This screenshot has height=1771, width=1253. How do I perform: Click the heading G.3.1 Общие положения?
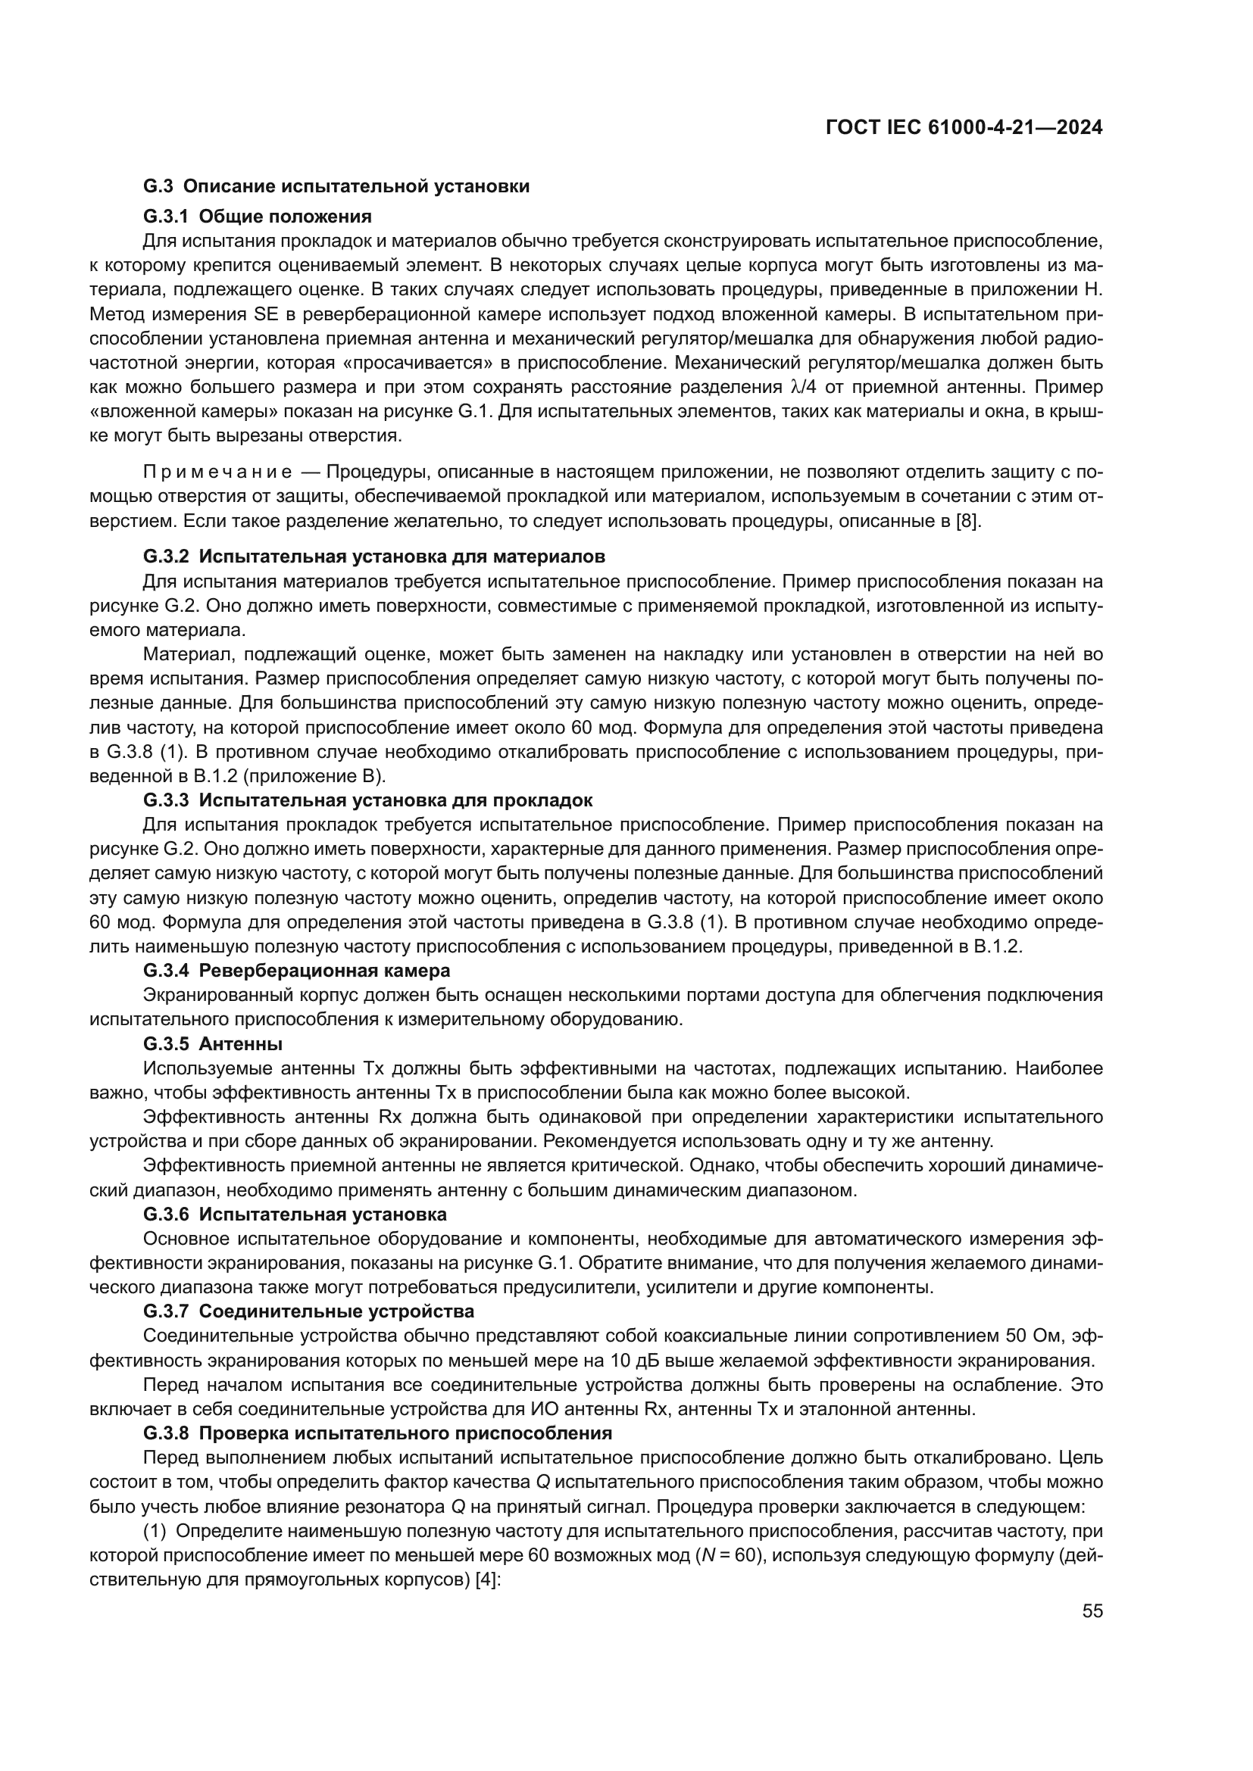click(x=257, y=216)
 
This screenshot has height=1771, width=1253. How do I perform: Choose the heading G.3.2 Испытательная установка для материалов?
click(x=374, y=557)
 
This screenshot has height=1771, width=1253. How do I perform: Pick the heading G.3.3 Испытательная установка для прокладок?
click(x=368, y=800)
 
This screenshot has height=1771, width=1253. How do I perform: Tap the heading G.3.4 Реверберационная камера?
click(x=296, y=970)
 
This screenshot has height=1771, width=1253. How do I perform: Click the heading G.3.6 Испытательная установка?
click(x=295, y=1214)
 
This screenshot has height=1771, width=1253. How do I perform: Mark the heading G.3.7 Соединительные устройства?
click(x=308, y=1311)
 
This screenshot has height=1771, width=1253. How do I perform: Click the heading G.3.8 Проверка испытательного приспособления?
click(x=377, y=1433)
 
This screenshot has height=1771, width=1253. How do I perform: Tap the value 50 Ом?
click(x=1036, y=1335)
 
